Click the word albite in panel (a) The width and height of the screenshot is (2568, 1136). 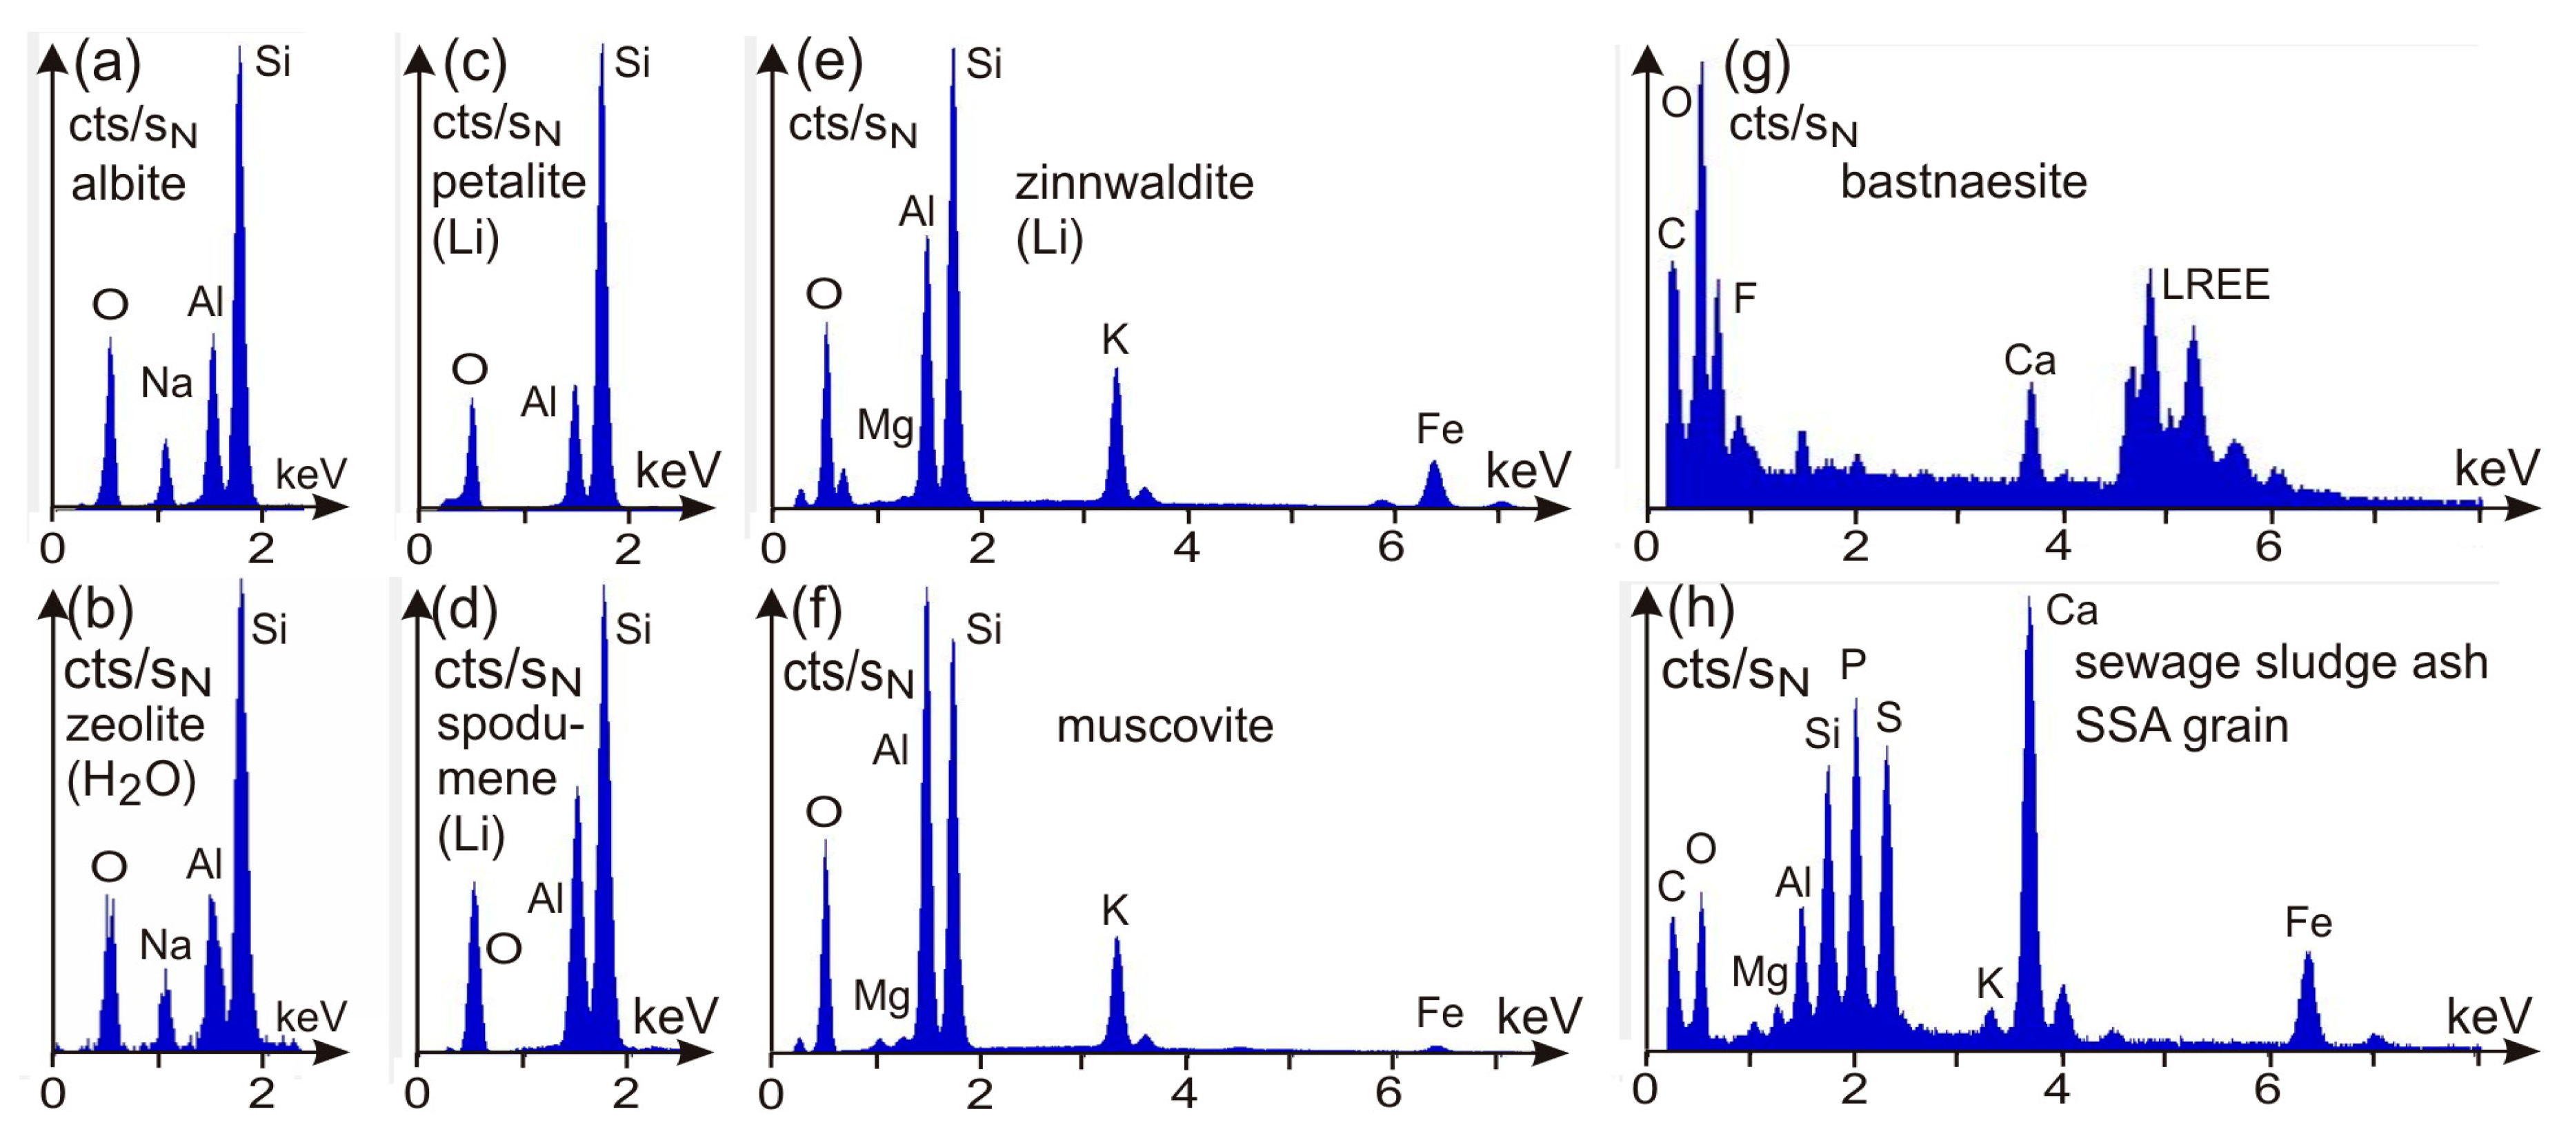128,184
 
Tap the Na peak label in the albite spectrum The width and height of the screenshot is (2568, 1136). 166,383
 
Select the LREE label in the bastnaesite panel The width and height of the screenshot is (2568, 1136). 2214,285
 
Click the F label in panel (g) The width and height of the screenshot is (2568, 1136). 1744,298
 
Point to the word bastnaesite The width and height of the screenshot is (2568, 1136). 1963,182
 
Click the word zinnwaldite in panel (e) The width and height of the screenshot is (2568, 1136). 1133,184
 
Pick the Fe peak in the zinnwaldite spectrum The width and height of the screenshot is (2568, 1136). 1433,484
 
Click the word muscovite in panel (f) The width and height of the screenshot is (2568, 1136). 1164,726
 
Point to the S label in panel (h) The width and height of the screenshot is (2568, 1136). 1888,718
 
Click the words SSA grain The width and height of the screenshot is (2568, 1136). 2180,726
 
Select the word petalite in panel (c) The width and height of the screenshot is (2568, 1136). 508,182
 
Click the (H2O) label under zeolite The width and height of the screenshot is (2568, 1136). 130,782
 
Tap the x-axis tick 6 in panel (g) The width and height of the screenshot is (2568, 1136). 2268,547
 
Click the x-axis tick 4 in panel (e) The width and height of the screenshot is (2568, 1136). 1186,547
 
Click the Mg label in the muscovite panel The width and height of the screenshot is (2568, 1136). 882,995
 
